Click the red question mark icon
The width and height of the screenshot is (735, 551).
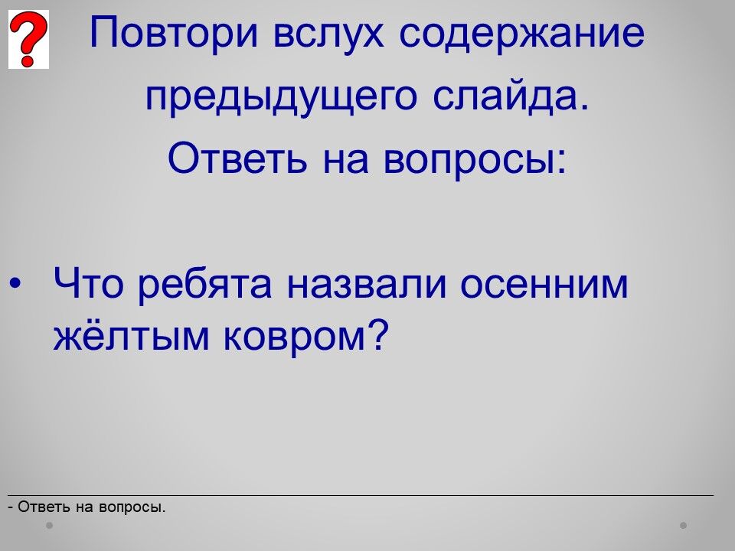(x=28, y=39)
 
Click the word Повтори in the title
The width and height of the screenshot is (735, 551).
(x=174, y=33)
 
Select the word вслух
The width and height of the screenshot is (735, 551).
(x=328, y=33)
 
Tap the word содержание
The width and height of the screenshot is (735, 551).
(x=521, y=33)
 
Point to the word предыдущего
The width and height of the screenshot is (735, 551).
(x=281, y=97)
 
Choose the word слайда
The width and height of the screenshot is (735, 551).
(x=510, y=96)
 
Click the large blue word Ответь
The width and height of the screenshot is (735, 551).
(x=237, y=158)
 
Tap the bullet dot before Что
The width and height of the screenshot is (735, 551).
(x=15, y=284)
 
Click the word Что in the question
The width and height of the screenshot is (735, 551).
(x=88, y=283)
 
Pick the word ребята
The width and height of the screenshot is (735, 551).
(x=205, y=285)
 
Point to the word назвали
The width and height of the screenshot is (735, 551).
(x=366, y=285)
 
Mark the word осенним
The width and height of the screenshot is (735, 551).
(x=544, y=285)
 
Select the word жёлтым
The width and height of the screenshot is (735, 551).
(x=131, y=335)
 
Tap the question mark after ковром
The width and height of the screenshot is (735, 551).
(x=377, y=334)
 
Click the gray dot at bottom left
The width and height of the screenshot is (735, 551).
(x=49, y=526)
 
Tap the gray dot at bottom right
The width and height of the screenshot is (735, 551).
(x=684, y=526)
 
